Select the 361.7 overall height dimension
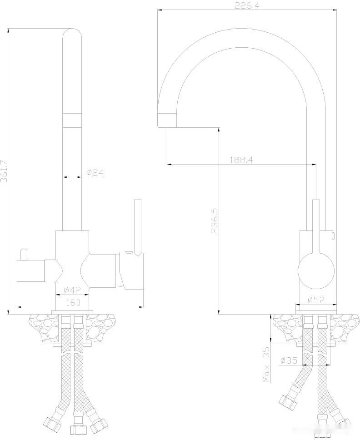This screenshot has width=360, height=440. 5,171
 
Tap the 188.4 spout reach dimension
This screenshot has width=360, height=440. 241,160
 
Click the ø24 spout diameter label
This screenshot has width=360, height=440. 95,173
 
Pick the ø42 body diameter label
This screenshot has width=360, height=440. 72,290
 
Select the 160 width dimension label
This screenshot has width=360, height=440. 73,302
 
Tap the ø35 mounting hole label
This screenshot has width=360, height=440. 289,360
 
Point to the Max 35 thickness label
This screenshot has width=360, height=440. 267,365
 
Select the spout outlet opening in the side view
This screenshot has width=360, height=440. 167,120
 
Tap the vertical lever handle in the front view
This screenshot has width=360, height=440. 138,225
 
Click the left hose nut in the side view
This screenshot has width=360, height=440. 286,401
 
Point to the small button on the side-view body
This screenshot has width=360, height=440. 333,235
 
